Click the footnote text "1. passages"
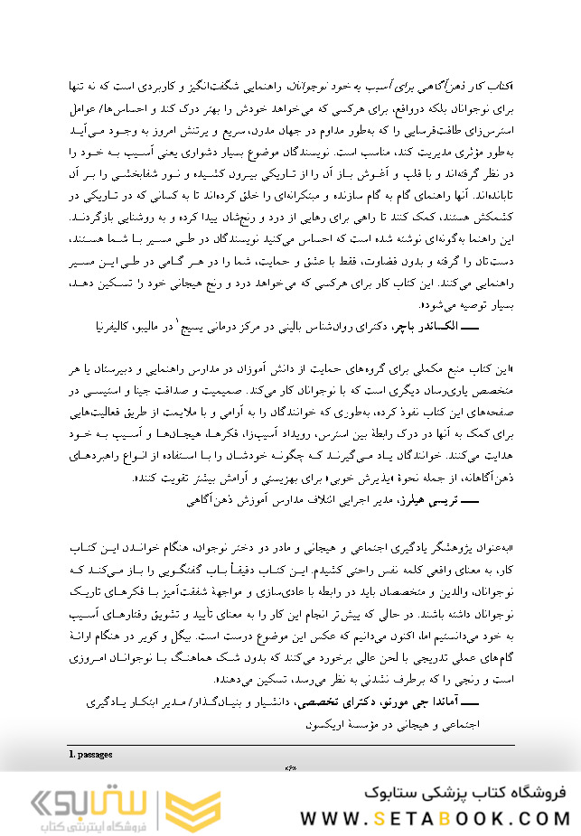tap(91, 751)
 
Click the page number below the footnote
tap(291, 767)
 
